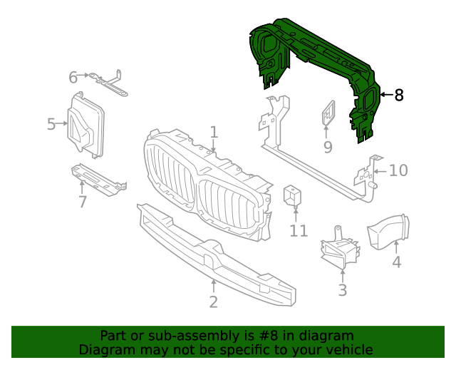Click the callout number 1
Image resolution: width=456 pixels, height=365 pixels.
(x=214, y=132)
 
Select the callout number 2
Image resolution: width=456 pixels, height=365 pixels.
(x=213, y=302)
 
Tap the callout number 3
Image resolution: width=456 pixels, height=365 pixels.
(x=342, y=289)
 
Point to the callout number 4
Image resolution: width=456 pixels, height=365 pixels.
(x=396, y=262)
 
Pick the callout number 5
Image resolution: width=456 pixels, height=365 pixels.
(x=51, y=125)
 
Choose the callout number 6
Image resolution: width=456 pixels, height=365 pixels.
(x=73, y=76)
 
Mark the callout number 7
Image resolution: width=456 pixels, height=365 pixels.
(x=83, y=202)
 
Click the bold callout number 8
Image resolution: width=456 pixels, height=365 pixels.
(x=399, y=95)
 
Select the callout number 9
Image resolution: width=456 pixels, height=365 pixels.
(x=328, y=147)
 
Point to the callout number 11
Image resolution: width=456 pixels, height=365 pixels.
(x=299, y=230)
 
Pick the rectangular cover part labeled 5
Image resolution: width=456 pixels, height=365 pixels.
(x=85, y=127)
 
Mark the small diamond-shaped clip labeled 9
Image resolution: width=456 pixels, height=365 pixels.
(x=328, y=114)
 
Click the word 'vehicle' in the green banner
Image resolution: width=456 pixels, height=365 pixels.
(x=347, y=349)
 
